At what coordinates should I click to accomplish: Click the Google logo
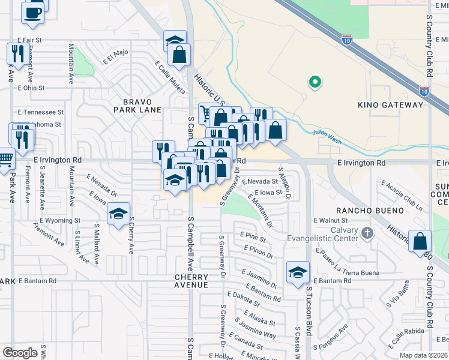[20, 353]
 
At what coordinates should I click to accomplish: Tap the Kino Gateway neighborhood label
[390, 105]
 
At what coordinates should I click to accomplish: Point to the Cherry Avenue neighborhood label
[191, 281]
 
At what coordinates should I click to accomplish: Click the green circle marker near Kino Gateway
[313, 82]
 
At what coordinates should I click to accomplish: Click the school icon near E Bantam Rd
[298, 271]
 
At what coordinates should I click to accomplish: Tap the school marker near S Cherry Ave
[118, 212]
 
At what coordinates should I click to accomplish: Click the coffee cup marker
[32, 11]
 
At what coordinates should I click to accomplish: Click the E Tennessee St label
[41, 112]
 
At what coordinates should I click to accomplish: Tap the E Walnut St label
[331, 221]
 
